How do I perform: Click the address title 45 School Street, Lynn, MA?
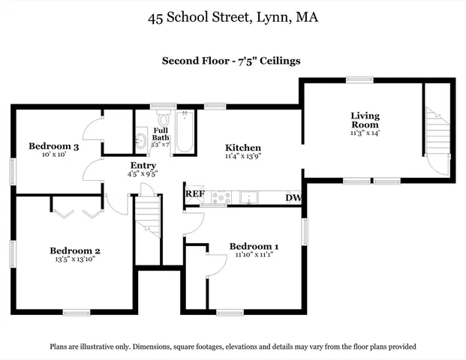[x=233, y=16]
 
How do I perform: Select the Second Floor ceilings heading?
[x=232, y=61]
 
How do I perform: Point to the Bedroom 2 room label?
[x=75, y=250]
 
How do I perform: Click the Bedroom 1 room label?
[x=254, y=247]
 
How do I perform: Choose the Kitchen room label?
[x=243, y=148]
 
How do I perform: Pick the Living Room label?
[x=365, y=120]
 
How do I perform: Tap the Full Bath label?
[x=161, y=133]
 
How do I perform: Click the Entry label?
[x=143, y=166]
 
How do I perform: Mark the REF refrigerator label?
[x=194, y=194]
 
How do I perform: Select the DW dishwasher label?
[x=293, y=198]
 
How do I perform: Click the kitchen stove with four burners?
[x=221, y=198]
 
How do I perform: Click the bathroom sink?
[x=140, y=139]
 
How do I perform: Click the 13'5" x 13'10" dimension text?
[x=75, y=259]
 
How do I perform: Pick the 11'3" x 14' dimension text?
[x=365, y=133]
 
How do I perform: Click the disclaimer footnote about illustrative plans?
[x=233, y=346]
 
